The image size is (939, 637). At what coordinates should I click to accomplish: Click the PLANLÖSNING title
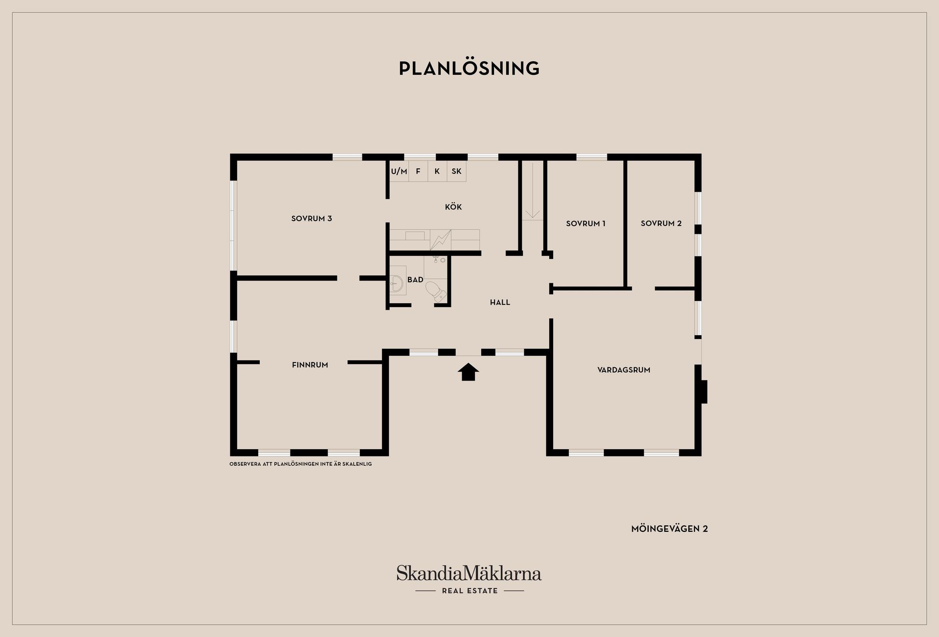tap(469, 68)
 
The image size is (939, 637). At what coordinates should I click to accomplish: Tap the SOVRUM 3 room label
tap(312, 219)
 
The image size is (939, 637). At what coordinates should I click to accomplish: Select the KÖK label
tap(453, 207)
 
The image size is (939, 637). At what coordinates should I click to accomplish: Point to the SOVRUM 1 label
tap(585, 224)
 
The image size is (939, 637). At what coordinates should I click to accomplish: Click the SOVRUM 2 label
tap(661, 223)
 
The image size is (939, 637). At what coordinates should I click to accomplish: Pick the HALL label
tap(500, 302)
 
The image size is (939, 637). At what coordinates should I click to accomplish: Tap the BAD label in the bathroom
tap(415, 280)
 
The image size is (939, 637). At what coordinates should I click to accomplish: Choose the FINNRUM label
tap(310, 364)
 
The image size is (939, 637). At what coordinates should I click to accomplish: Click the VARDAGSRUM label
tap(624, 370)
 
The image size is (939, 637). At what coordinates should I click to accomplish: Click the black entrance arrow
tap(468, 372)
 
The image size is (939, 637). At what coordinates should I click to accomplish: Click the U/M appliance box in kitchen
tap(399, 171)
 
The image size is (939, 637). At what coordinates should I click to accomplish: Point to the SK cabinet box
tap(456, 171)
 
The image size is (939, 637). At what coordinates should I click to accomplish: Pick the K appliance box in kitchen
tap(437, 171)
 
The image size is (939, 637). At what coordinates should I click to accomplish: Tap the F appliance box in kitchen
tap(418, 171)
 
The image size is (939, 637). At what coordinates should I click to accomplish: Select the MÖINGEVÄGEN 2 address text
tap(670, 529)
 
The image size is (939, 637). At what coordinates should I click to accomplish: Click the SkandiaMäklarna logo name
tap(469, 573)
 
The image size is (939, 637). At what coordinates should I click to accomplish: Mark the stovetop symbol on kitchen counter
tap(441, 240)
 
